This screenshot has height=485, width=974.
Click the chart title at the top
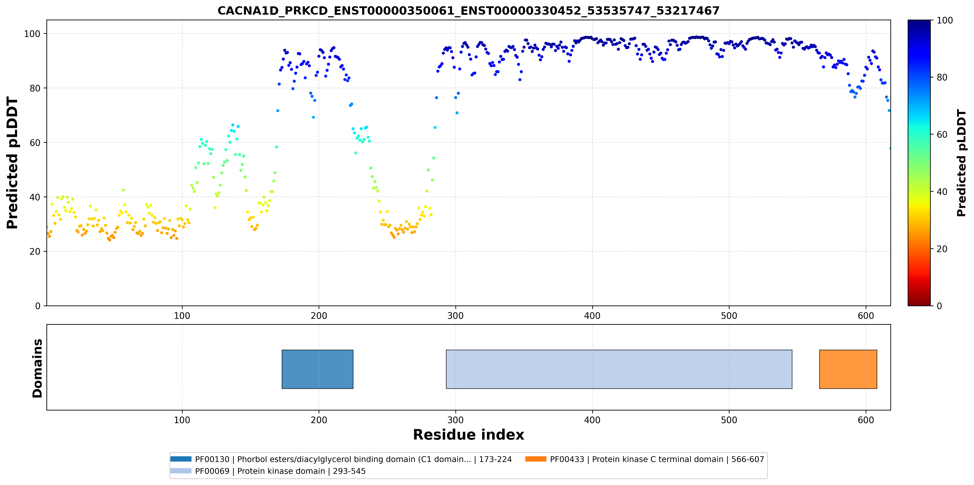468,11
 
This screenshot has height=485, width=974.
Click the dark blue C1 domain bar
317,369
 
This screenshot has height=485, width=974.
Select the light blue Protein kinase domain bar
619,369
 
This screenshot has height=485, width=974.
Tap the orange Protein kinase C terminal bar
848,369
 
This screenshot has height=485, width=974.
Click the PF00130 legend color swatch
181,459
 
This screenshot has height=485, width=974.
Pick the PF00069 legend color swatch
181,471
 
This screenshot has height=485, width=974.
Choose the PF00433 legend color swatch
536,459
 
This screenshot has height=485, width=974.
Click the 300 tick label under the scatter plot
455,316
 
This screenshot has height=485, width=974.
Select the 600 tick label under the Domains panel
866,420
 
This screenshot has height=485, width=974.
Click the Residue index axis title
469,435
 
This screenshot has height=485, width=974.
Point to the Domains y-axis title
37,368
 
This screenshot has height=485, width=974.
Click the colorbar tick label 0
939,306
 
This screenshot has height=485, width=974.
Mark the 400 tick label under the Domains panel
592,420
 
